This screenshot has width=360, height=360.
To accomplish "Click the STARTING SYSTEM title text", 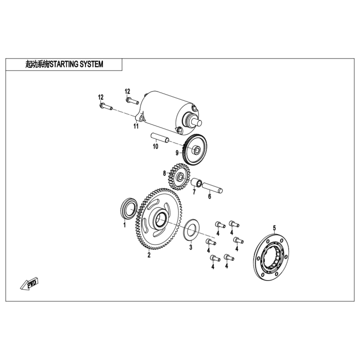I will click(x=64, y=64).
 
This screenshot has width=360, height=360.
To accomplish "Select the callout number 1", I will click(x=124, y=225).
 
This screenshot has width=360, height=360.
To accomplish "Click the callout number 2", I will click(x=149, y=255).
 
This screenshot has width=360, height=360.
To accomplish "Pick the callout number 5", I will click(x=274, y=227).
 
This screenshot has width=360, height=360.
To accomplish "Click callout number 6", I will click(x=210, y=196).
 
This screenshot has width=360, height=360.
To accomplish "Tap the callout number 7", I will click(x=194, y=193).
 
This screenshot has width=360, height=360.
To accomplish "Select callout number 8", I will click(x=165, y=173).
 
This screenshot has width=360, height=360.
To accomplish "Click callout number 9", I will click(x=176, y=153).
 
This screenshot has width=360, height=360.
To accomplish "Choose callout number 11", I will click(x=136, y=126).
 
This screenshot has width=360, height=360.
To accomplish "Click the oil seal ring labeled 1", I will click(x=129, y=209).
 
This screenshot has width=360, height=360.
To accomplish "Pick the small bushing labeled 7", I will click(x=195, y=183).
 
